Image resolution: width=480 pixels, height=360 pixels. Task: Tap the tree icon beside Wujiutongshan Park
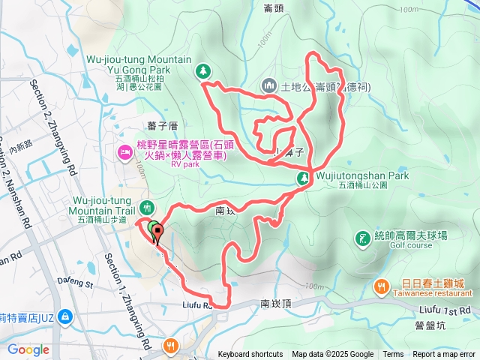tap(304, 178)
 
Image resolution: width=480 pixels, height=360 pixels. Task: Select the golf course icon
tap(361, 239)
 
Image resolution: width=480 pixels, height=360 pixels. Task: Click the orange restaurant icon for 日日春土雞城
tap(382, 286)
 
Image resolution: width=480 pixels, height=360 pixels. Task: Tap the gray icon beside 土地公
tap(269, 87)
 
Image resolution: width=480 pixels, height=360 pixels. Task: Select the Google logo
tap(28, 349)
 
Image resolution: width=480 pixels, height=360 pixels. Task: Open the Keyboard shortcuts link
tap(251, 355)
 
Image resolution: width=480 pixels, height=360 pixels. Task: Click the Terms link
tap(393, 355)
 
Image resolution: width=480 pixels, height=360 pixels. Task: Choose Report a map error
tap(443, 355)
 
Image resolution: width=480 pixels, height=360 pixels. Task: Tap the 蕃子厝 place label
tap(161, 125)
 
